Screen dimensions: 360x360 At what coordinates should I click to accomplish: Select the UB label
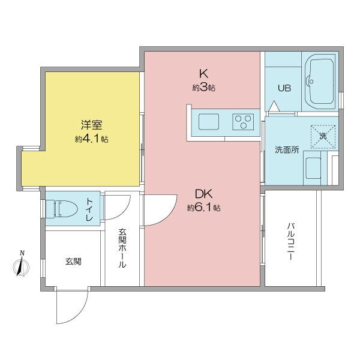coord(284,88)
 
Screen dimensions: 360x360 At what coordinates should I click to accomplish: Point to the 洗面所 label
coord(286,149)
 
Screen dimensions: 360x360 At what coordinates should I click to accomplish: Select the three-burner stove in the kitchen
coord(243,121)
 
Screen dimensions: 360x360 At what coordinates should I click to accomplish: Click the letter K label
coord(203,74)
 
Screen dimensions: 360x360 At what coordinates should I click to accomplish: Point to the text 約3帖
coord(203,88)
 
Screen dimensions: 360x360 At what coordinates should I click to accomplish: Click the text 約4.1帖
coord(92,139)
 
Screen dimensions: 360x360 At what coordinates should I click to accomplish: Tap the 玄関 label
coord(74,262)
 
